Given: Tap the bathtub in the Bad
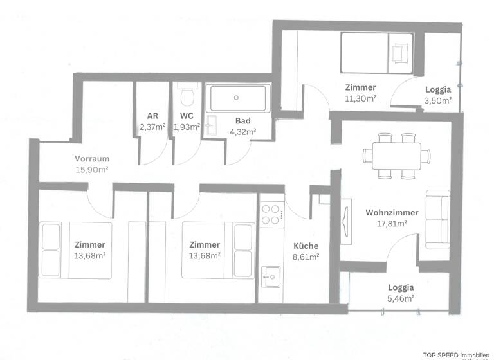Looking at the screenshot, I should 237,98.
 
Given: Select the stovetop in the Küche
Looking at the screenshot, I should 271,213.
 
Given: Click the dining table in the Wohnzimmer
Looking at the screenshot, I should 392,155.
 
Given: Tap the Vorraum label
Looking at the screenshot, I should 91,159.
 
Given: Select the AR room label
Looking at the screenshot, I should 152,116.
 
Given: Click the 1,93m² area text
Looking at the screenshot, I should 187,127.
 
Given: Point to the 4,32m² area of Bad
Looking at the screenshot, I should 242,131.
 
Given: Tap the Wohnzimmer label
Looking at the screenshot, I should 392,212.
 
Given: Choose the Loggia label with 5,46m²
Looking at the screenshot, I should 401,287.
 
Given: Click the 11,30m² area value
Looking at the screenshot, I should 360,98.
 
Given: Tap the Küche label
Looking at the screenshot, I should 306,246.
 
